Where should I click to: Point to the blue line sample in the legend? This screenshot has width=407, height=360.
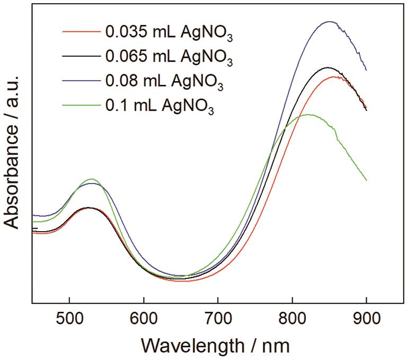coord(81,80)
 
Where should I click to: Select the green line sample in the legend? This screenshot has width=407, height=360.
coord(81,104)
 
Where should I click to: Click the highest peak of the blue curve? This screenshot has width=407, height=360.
coord(330,22)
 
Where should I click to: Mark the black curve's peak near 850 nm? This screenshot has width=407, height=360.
coord(328,68)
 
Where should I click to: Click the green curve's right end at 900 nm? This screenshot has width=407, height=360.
coord(366,180)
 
